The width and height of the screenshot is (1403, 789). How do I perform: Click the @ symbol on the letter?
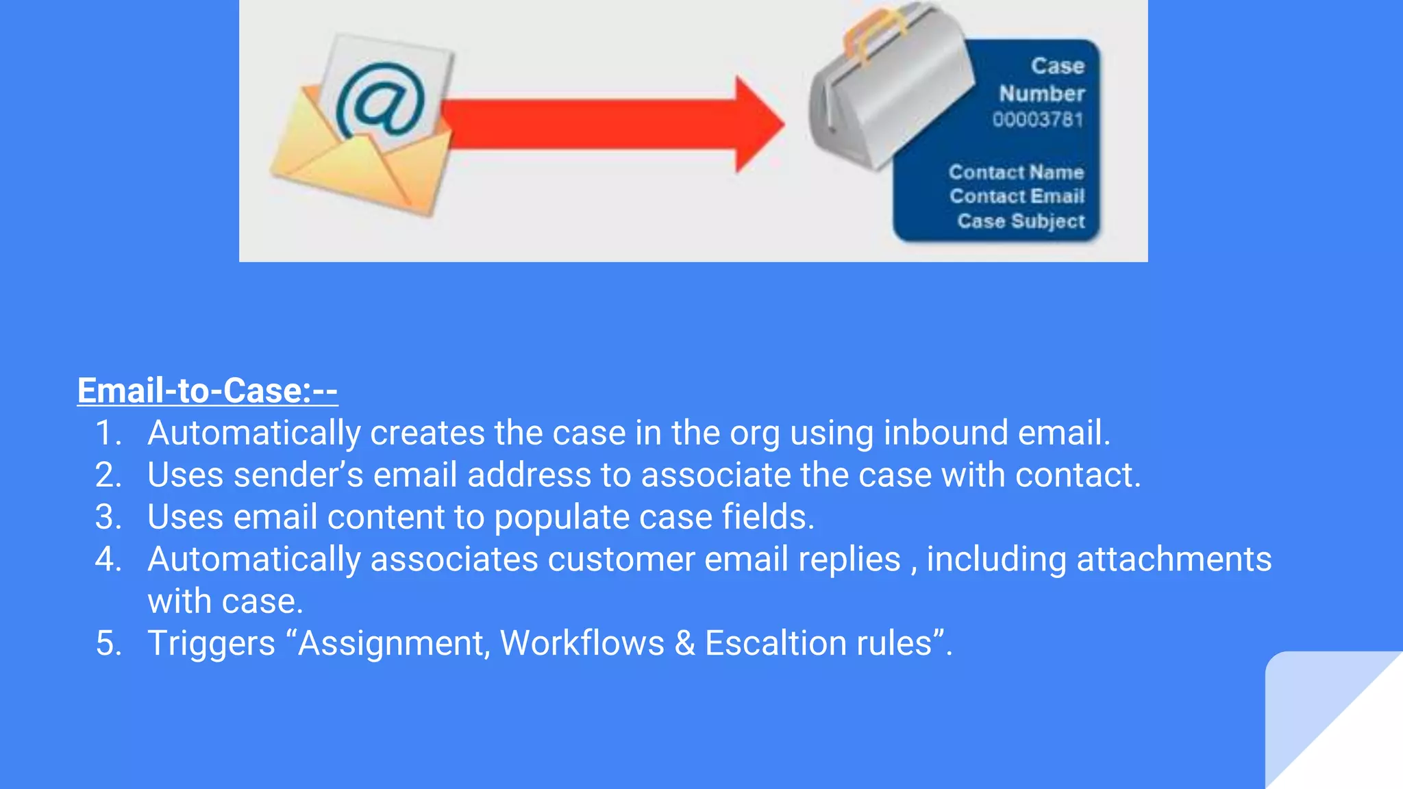[x=380, y=99]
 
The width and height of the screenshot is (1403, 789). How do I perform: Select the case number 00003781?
[x=1038, y=120]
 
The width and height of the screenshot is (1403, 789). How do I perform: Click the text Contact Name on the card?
[x=1016, y=172]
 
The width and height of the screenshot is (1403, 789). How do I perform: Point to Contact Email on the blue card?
[x=1017, y=197]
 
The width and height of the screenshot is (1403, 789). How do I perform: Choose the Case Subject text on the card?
[x=1021, y=221]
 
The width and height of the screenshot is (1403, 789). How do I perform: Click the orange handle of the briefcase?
[x=873, y=31]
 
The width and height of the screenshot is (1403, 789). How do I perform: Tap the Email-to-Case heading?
[x=207, y=390]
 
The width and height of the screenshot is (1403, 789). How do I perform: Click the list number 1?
[x=108, y=433]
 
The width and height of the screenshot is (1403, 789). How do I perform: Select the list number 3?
[x=108, y=517]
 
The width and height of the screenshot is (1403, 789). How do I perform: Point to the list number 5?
[x=108, y=644]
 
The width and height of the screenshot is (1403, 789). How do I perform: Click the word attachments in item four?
[x=1174, y=560]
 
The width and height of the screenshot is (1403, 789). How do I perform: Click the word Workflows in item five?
[x=582, y=644]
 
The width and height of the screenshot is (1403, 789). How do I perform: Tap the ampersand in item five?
[x=684, y=644]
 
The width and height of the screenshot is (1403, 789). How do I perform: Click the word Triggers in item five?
[x=211, y=644]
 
